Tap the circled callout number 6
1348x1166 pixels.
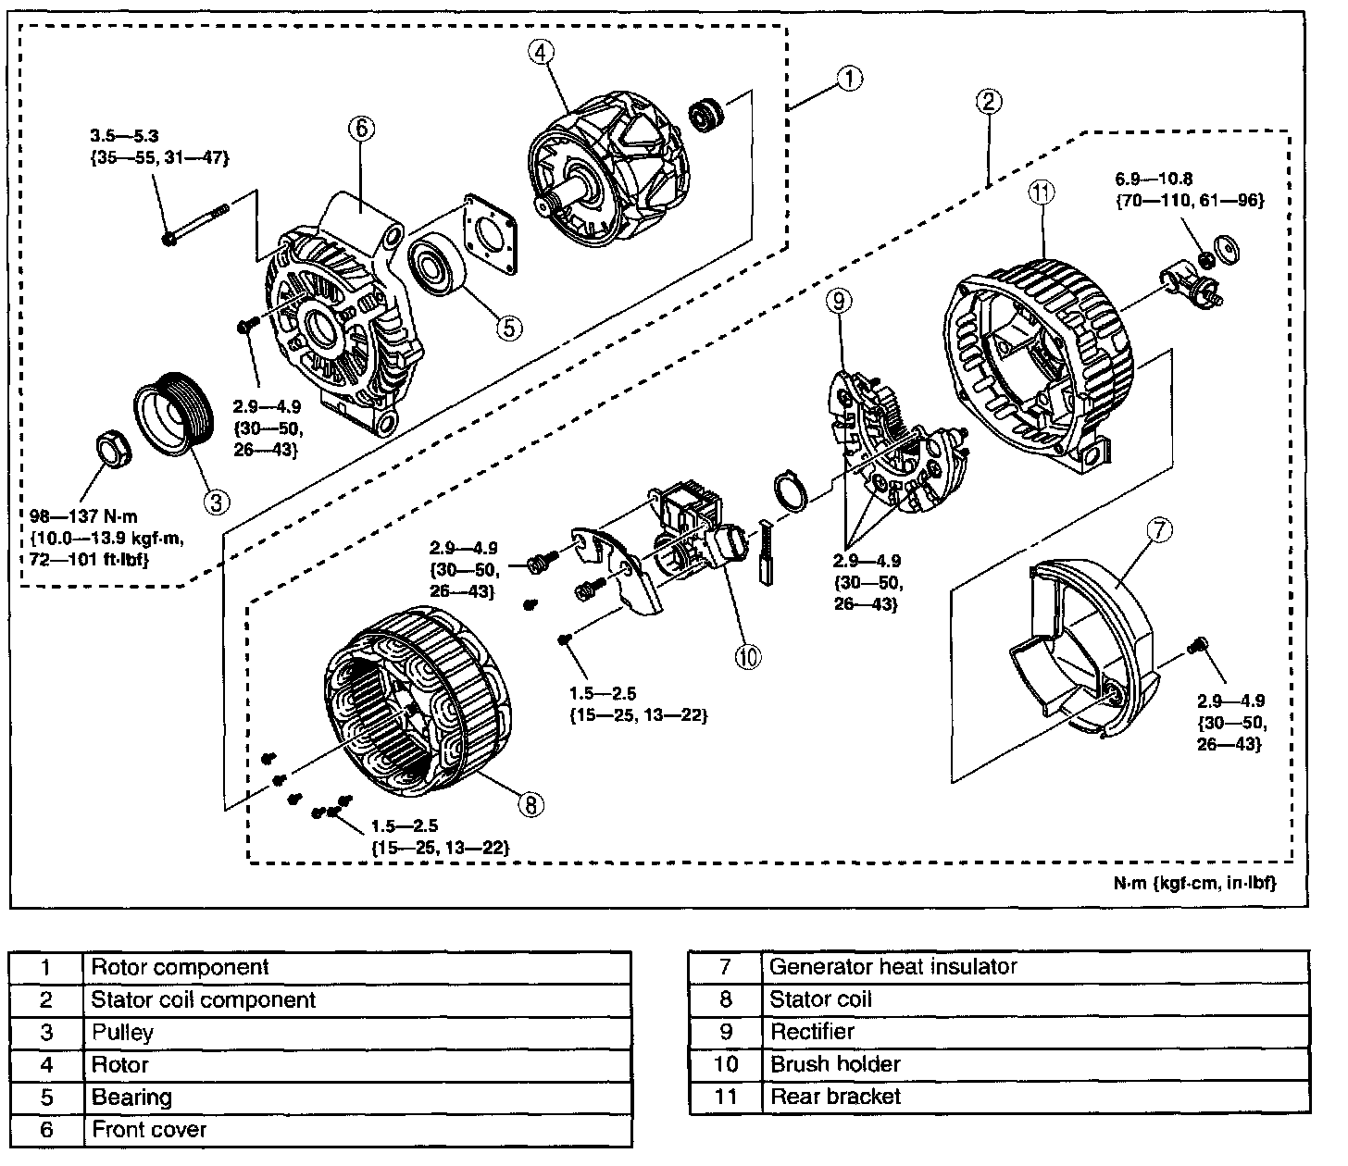tap(361, 129)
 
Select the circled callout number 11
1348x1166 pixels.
tap(1042, 192)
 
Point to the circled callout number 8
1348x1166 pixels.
tap(530, 804)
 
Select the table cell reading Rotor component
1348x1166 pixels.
tap(180, 967)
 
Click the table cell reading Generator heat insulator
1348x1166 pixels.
tap(893, 967)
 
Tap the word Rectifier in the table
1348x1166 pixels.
tap(812, 1032)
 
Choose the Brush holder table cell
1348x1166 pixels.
tap(834, 1064)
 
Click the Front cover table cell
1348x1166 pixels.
tap(149, 1130)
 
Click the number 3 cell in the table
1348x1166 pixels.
tap(46, 1033)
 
